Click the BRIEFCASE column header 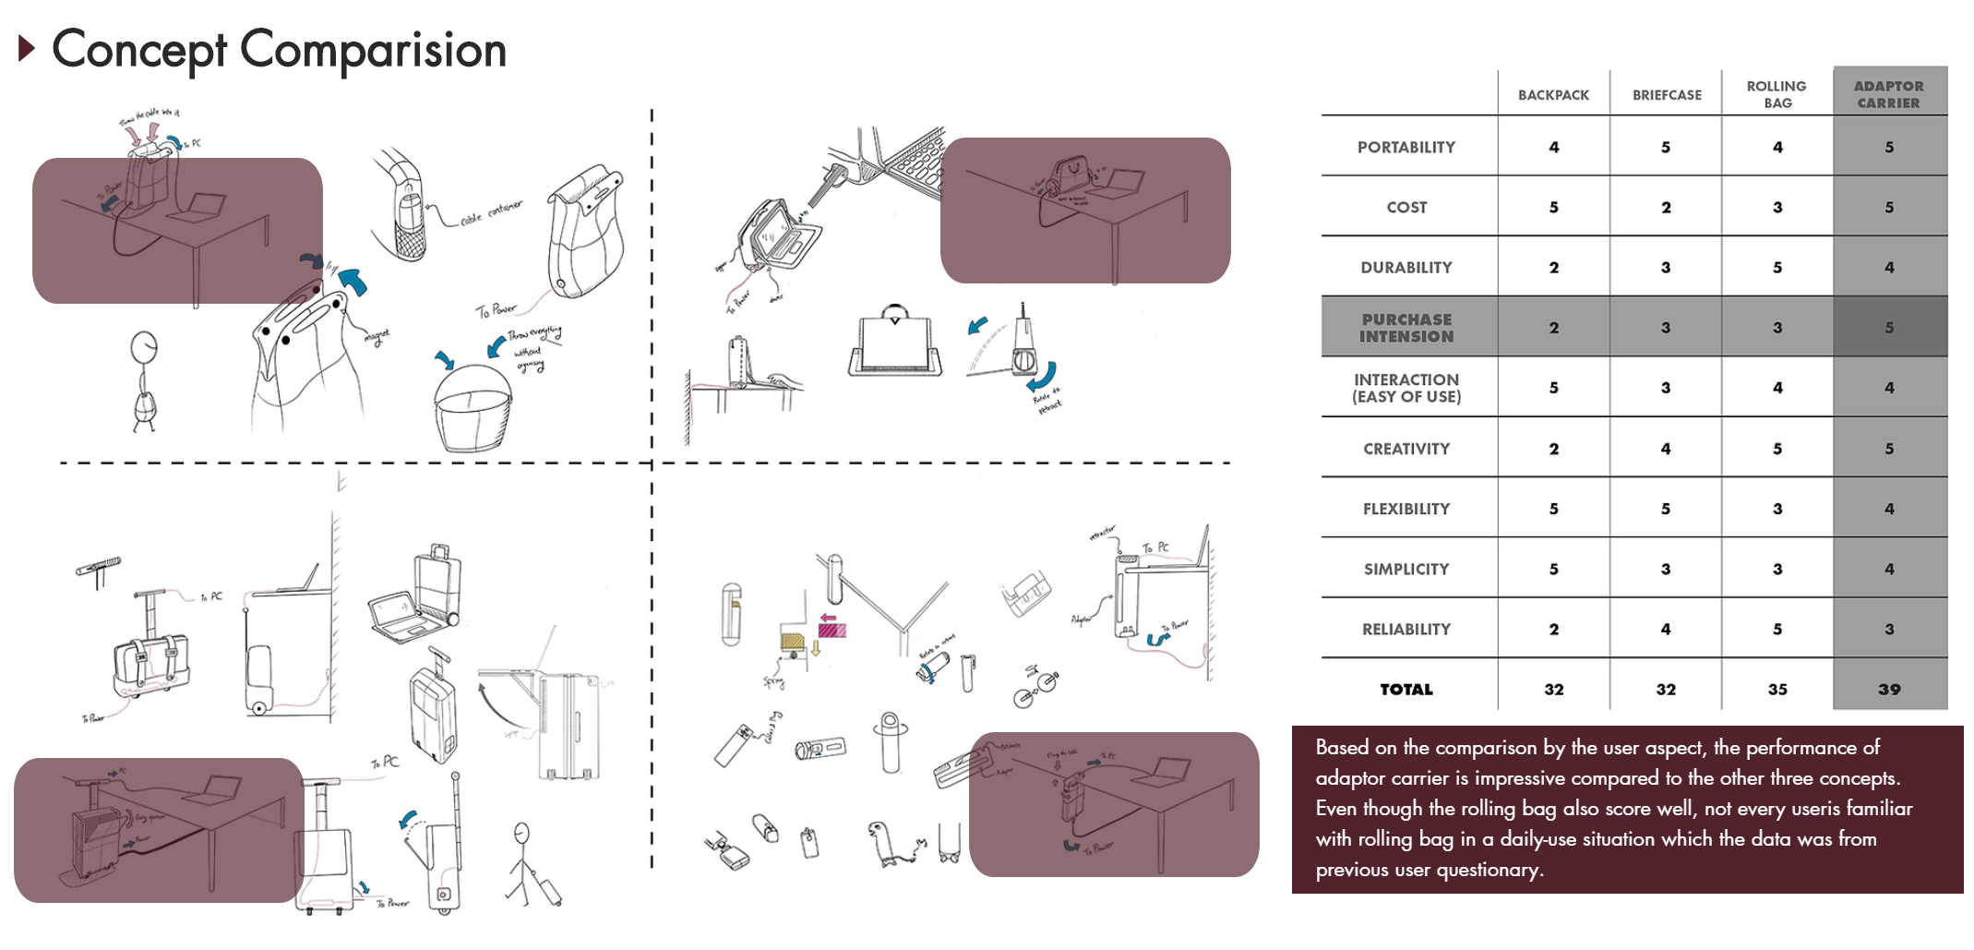(1666, 95)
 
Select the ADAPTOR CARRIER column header (1888, 94)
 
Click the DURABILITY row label (1406, 268)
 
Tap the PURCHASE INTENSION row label (1406, 328)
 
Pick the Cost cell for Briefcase (1666, 208)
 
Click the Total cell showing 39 (1888, 690)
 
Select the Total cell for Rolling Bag (1777, 690)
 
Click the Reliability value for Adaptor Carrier (1888, 630)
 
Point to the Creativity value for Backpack (1553, 449)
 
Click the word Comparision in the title (373, 50)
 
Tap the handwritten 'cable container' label (491, 213)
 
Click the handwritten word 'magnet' (377, 337)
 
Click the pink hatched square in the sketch (831, 631)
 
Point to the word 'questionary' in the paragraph (1485, 870)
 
